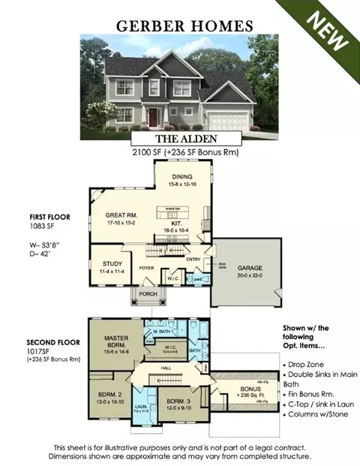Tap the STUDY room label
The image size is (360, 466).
(112, 264)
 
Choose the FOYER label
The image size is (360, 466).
(146, 266)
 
